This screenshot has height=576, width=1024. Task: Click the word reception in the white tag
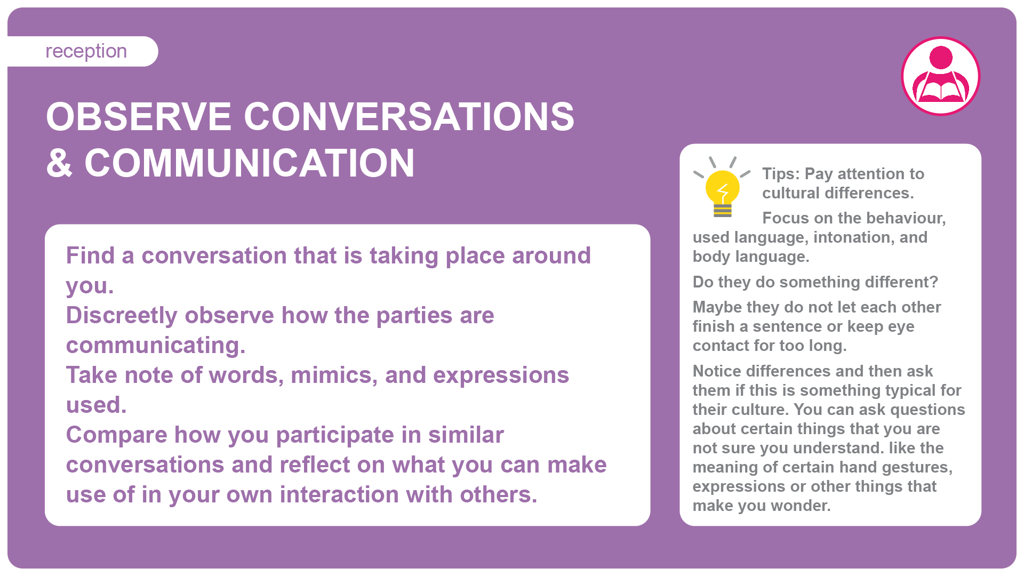point(86,52)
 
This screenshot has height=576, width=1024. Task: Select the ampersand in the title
point(59,163)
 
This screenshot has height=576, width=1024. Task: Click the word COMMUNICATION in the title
point(250,163)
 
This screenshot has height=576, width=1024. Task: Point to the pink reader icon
point(941,76)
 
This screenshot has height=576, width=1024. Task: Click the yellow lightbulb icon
point(722,187)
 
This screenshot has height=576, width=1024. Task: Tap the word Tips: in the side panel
point(781,174)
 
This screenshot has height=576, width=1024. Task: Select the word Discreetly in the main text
point(122,316)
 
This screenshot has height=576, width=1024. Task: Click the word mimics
point(334,375)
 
